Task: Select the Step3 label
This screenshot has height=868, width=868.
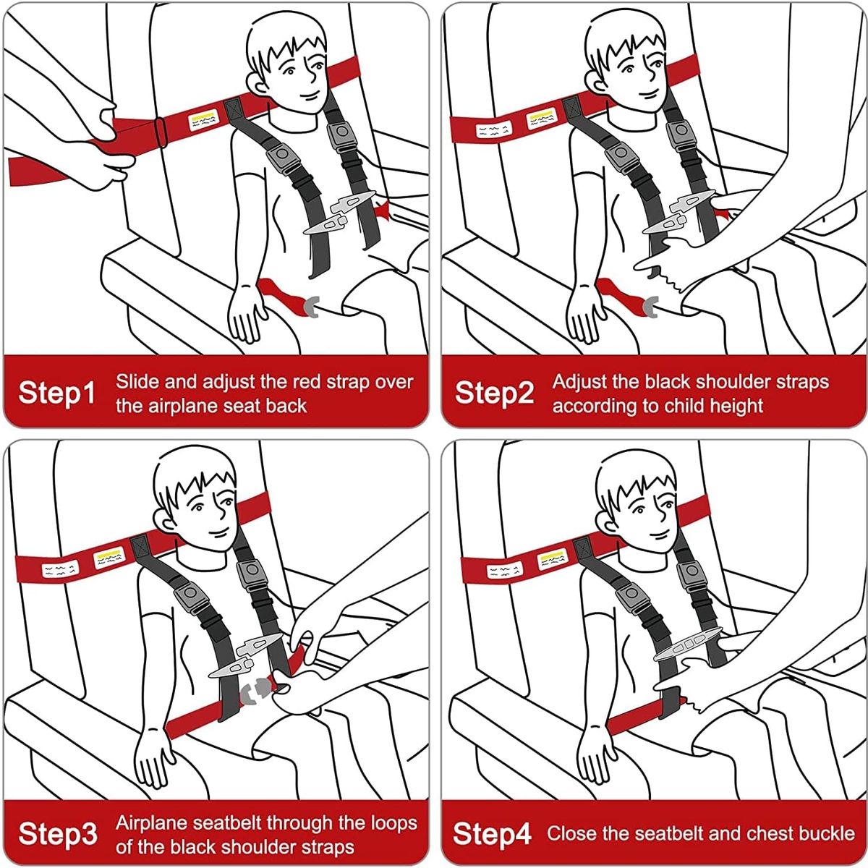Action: (x=57, y=833)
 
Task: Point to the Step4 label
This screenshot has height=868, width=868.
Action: (x=492, y=833)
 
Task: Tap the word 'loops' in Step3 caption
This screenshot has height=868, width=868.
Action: (x=394, y=822)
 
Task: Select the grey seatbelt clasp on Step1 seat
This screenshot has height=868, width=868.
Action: (x=312, y=306)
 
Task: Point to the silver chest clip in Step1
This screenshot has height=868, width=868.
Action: (x=340, y=213)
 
